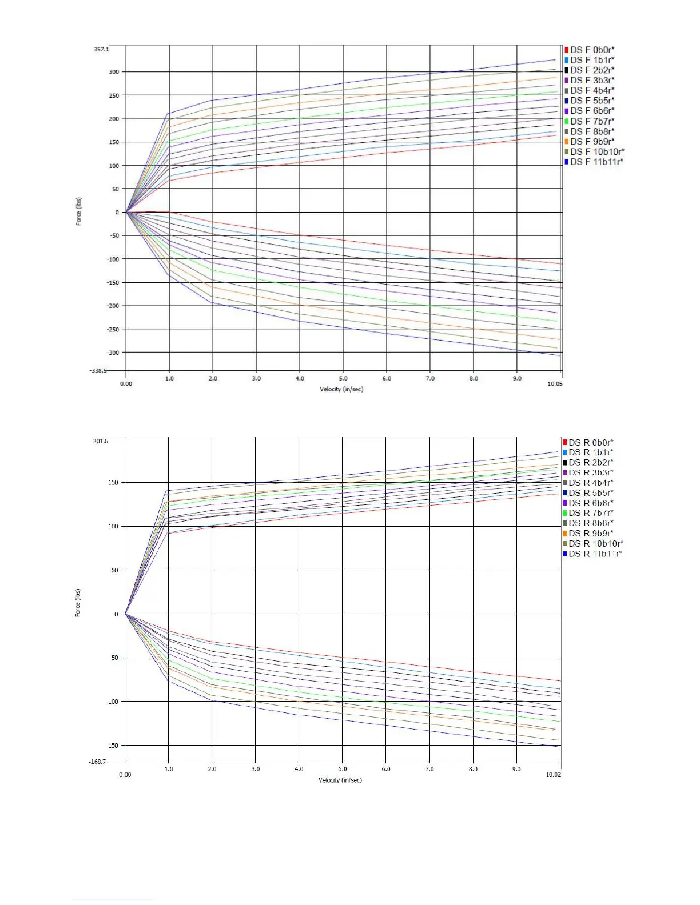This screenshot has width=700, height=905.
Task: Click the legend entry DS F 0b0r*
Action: (592, 50)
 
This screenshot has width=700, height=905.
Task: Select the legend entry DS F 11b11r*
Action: (596, 162)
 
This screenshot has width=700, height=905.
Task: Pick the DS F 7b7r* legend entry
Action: (592, 121)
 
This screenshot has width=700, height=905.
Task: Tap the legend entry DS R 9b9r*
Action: (591, 533)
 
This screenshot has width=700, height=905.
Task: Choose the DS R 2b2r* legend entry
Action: (591, 462)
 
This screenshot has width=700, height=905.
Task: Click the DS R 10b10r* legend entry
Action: (595, 543)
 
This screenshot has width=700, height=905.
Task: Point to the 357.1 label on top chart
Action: (101, 49)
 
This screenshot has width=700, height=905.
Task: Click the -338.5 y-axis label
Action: (98, 370)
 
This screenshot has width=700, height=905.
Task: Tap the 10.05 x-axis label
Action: (555, 383)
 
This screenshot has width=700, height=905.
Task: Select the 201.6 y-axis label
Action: (100, 441)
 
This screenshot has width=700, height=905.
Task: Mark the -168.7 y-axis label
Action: (97, 762)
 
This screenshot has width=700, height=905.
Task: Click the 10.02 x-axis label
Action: (554, 775)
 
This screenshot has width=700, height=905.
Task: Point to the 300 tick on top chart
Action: (114, 72)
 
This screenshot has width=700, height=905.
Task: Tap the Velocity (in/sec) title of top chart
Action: (341, 389)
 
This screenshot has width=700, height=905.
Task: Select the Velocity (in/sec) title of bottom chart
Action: (340, 780)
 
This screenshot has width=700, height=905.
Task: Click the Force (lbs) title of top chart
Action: (79, 211)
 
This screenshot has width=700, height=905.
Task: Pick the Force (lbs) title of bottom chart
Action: (78, 603)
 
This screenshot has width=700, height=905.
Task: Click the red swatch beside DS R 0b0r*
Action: (564, 442)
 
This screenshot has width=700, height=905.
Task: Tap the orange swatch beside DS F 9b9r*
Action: (566, 142)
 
